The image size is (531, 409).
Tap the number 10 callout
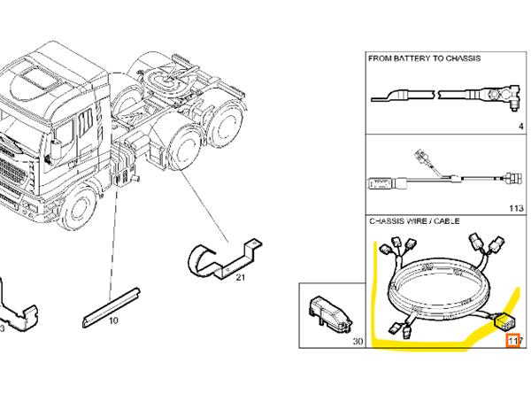coord(112,321)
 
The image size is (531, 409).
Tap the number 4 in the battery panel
coord(521,126)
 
